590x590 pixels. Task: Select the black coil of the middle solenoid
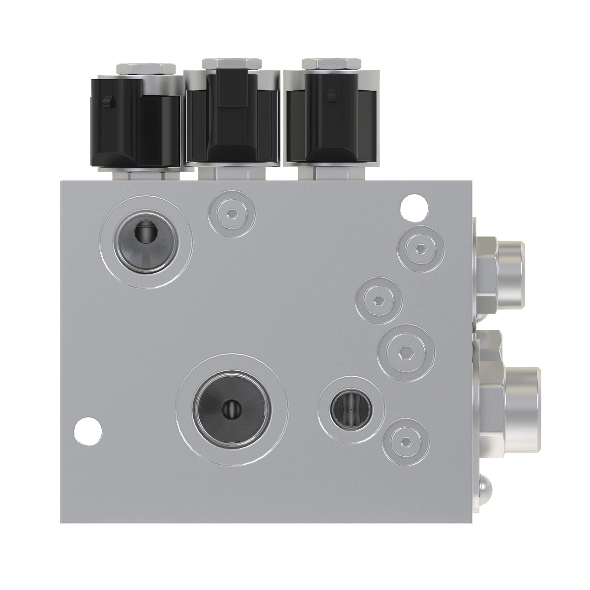231,120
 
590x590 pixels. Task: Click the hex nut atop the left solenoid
145,69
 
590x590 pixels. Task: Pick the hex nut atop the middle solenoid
233,64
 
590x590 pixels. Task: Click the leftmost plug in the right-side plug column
379,300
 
